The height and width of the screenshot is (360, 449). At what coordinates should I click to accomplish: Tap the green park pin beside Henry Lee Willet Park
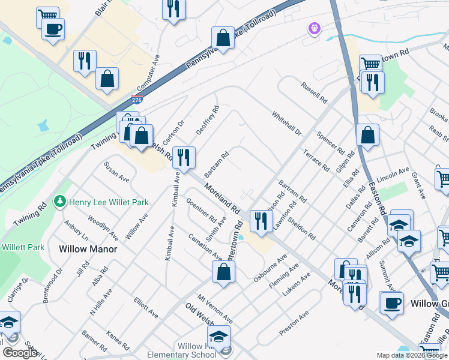pyautogui.click(x=59, y=201)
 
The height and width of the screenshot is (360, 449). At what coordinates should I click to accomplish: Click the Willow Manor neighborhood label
pyautogui.click(x=88, y=248)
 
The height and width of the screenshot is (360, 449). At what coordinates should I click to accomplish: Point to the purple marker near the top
pyautogui.click(x=313, y=28)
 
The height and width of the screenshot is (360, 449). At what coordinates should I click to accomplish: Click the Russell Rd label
pyautogui.click(x=315, y=92)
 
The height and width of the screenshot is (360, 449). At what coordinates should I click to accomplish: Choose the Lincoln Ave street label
pyautogui.click(x=394, y=173)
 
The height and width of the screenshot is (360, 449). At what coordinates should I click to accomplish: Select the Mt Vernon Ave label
pyautogui.click(x=214, y=310)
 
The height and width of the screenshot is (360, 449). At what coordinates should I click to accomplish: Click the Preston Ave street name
pyautogui.click(x=294, y=323)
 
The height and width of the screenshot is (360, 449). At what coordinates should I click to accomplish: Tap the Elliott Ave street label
pyautogui.click(x=146, y=308)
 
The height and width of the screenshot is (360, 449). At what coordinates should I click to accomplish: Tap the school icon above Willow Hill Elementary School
pyautogui.click(x=218, y=336)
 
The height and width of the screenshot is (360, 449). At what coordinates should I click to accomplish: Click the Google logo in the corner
pyautogui.click(x=20, y=353)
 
